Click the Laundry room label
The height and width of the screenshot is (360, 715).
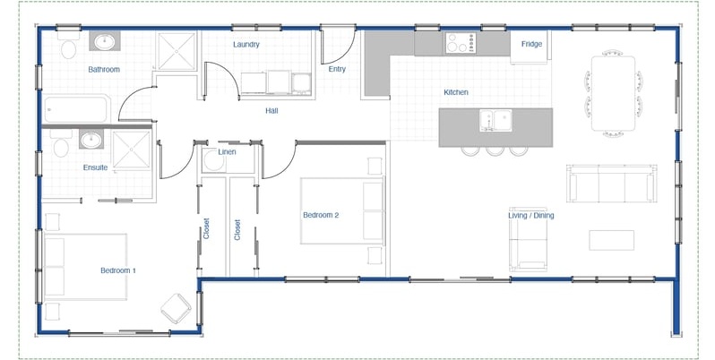[246, 44]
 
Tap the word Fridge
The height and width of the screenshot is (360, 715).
[531, 44]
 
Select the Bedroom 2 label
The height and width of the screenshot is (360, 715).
[321, 215]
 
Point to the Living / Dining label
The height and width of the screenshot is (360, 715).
[531, 215]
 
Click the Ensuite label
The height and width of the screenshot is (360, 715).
[95, 167]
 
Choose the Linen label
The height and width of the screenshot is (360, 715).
[227, 151]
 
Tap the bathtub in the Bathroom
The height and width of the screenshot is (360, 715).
[77, 109]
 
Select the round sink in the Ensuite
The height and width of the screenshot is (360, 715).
[91, 140]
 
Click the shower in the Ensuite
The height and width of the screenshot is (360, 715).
[132, 150]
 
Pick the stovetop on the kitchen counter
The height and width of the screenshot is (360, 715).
[461, 43]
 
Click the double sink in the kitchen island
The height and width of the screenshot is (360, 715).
[495, 121]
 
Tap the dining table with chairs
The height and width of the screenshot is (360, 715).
[614, 93]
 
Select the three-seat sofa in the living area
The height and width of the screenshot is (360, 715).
[612, 184]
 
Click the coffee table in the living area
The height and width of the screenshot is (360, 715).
[611, 240]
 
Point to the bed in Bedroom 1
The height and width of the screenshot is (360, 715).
[86, 267]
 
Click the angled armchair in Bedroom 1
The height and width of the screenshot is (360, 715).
[176, 308]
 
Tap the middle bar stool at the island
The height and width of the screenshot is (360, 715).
[495, 151]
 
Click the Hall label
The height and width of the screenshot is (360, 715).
[271, 110]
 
